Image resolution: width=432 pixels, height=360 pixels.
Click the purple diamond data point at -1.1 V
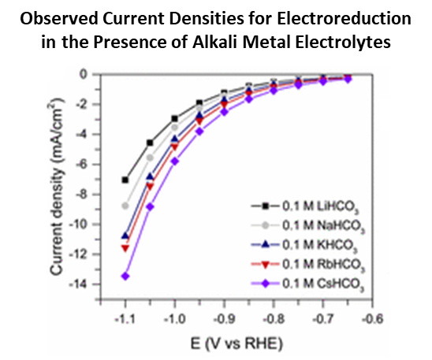tap(125, 276)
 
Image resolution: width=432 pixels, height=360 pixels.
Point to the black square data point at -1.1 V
tap(125, 180)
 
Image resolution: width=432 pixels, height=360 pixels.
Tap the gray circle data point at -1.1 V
tap(125, 206)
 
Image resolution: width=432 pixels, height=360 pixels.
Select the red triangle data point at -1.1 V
tap(125, 248)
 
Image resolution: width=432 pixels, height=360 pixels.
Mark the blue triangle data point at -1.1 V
tap(125, 236)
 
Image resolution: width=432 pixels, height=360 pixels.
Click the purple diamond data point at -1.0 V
tap(174, 161)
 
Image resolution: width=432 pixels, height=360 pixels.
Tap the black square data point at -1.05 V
tap(150, 143)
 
